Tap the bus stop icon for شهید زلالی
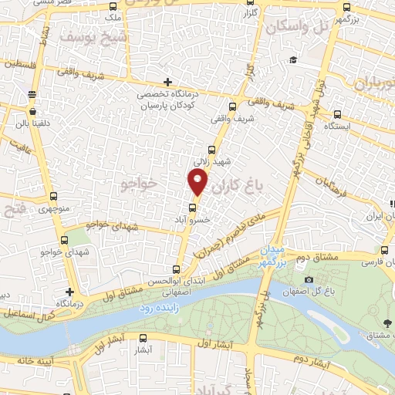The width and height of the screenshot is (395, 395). point(211,150)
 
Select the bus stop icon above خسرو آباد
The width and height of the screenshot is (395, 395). point(193,207)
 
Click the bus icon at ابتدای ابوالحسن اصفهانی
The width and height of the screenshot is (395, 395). point(177,269)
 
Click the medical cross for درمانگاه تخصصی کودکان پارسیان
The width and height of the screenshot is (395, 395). point(168,82)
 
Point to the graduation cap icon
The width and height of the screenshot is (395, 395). point(292,60)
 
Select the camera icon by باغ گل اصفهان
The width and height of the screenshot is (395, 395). point(309,279)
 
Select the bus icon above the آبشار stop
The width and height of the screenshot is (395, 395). point(142,337)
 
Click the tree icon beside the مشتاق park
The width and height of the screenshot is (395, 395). point(386,325)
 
